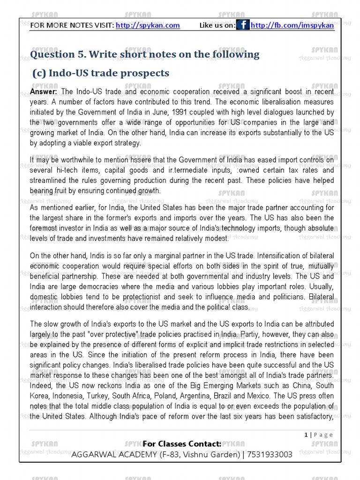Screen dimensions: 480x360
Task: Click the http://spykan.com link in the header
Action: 148,25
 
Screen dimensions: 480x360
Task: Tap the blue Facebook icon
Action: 243,25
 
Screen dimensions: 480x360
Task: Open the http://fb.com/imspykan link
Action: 292,25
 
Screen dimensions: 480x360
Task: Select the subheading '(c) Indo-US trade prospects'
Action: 100,73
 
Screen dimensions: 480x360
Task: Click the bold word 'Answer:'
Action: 44,92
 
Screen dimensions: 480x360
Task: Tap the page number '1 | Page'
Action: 319,435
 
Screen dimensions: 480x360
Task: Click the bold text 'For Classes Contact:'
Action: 182,444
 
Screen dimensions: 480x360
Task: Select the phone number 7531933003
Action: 270,454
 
